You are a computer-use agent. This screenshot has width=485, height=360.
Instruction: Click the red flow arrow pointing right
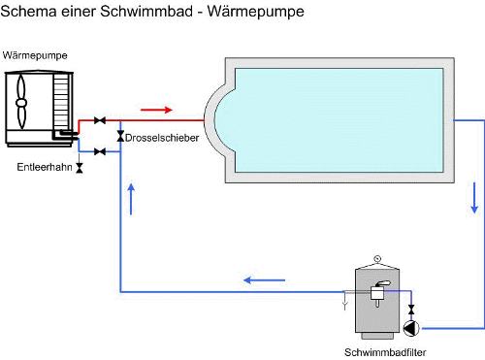pyautogui.click(x=156, y=109)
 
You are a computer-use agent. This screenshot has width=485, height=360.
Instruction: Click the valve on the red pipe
pyautogui.click(x=100, y=121)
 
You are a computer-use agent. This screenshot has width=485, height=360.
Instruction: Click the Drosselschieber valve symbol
pyautogui.click(x=119, y=136)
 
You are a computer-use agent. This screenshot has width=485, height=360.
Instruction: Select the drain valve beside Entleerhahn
pyautogui.click(x=80, y=168)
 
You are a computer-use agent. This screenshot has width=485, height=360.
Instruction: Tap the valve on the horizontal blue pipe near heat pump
pyautogui.click(x=100, y=151)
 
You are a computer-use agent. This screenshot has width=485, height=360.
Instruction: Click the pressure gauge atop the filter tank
pyautogui.click(x=378, y=259)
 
